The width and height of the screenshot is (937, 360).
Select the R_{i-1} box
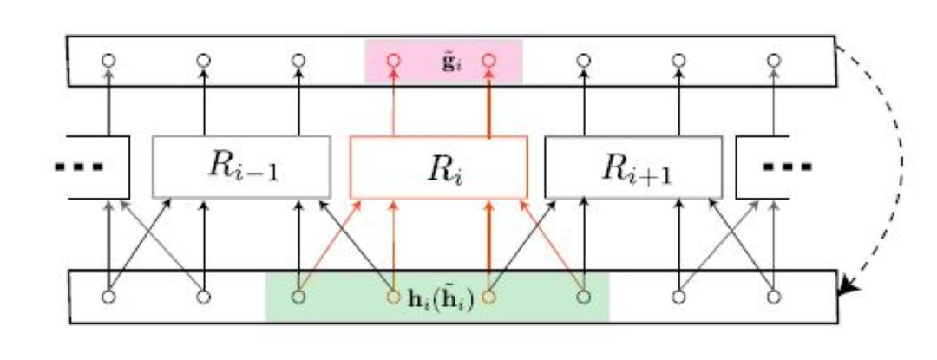(240, 167)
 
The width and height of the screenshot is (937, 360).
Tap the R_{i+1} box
(632, 167)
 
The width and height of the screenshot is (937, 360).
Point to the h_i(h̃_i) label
(440, 304)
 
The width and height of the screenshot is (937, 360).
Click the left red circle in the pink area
(393, 61)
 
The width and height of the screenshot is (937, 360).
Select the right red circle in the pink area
(488, 61)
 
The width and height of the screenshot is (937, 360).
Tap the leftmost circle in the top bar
(108, 61)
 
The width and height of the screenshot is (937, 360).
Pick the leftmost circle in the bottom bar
(108, 297)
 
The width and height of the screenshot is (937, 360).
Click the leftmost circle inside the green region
(298, 297)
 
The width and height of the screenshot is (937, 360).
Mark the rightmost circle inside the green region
(584, 297)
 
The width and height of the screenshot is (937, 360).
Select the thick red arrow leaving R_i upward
(489, 104)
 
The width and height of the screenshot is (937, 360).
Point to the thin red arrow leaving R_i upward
(394, 104)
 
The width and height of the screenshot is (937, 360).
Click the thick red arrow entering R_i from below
(489, 243)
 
